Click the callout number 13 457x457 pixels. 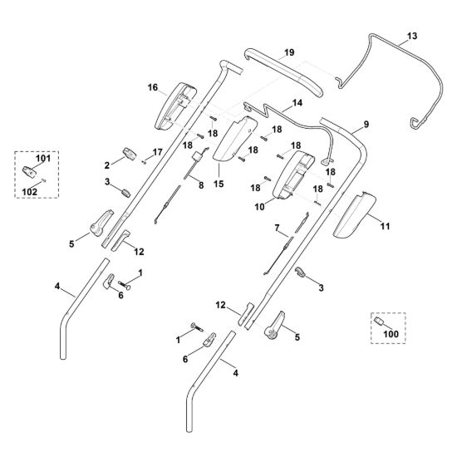[412, 36]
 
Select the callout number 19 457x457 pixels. [289, 52]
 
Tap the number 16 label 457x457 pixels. [153, 87]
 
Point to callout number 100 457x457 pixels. [391, 334]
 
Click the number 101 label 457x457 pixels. [43, 159]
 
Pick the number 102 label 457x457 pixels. [30, 192]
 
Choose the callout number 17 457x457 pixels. [157, 152]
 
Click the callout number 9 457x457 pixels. [366, 125]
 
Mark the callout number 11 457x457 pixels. [385, 226]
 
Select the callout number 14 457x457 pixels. [297, 103]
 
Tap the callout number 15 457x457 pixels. [219, 184]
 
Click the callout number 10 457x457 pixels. [259, 207]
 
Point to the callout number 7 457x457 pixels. [277, 228]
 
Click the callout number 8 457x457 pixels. [201, 185]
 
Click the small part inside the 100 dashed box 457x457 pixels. [378, 321]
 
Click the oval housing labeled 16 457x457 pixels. [175, 106]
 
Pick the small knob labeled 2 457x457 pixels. [129, 154]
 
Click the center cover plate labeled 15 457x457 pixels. [235, 139]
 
